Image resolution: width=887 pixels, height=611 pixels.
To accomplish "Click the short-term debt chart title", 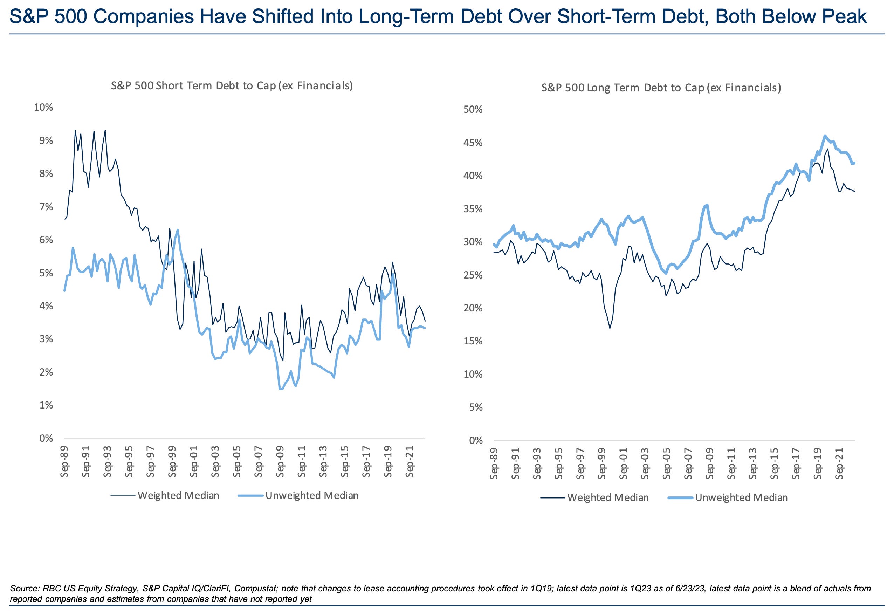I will [x=232, y=85].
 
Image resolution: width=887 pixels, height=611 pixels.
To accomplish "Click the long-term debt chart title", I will [x=661, y=88].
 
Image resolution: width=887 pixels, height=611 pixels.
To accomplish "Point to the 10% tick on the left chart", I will [x=43, y=107].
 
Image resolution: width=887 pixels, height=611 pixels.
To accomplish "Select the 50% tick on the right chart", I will [x=473, y=110].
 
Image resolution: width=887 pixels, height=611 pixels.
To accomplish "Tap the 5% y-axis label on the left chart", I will [x=46, y=273].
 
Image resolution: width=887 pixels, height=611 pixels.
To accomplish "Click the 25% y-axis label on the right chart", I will [x=473, y=275].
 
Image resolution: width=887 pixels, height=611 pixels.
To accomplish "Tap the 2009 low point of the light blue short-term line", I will [x=281, y=389].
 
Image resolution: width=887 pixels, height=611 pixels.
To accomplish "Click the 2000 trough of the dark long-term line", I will [x=610, y=328].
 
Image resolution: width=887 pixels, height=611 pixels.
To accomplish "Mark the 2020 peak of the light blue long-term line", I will [x=825, y=135].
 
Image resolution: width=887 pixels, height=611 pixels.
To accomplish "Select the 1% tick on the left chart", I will [x=46, y=405].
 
